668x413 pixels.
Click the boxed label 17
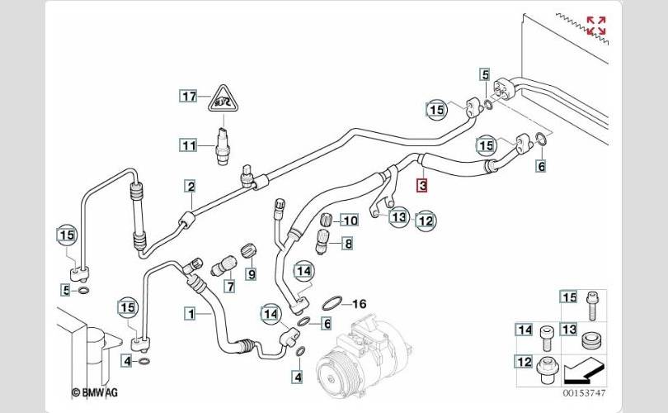point(190,97)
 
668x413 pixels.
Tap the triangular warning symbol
point(222,102)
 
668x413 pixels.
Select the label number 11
point(190,146)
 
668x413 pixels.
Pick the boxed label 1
point(190,313)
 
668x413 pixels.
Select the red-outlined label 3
point(421,185)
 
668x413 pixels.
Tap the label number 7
point(231,287)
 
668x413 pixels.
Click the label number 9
point(251,273)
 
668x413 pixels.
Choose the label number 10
point(350,221)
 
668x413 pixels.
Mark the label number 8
point(348,244)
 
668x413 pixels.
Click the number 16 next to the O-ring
point(359,304)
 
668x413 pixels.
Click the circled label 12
point(426,220)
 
